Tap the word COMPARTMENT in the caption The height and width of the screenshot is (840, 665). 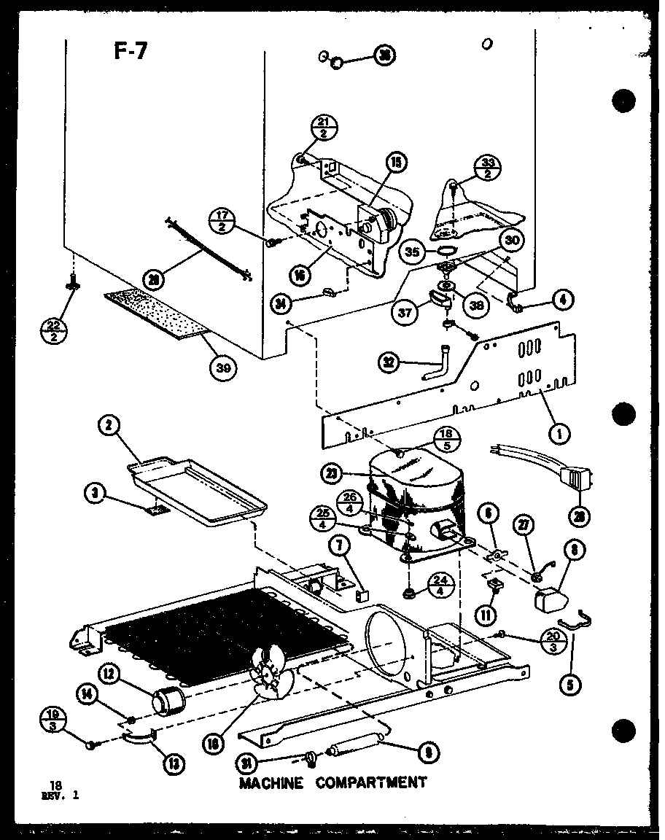pyautogui.click(x=371, y=782)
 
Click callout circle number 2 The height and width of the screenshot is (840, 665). pyautogui.click(x=110, y=428)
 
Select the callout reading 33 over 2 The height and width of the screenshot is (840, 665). pyautogui.click(x=486, y=168)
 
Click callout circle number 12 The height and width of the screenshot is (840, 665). pyautogui.click(x=111, y=675)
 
